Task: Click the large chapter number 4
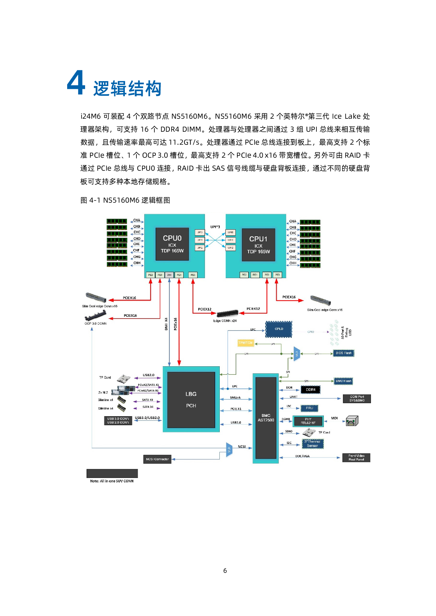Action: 76,83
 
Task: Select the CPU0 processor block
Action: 172,244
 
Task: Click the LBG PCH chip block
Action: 191,400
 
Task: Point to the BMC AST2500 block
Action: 266,418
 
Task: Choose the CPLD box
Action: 278,329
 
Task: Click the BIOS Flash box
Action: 344,353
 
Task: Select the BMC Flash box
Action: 343,381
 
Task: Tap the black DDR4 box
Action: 310,389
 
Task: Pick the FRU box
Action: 309,408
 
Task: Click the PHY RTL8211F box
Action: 308,421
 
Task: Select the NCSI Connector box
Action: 158,459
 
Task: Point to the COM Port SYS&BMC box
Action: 357,399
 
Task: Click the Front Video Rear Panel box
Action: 356,458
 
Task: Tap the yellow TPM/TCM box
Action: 245,343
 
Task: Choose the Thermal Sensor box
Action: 313,444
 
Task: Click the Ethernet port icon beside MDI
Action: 352,421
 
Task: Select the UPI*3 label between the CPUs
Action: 215,227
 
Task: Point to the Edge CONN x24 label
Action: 225,321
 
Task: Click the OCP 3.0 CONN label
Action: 95,323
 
